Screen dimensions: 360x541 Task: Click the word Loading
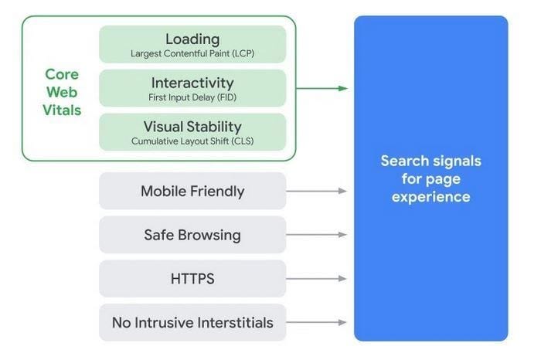coord(192,39)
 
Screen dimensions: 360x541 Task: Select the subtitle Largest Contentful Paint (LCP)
coord(192,53)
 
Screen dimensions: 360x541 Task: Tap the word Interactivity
coord(192,83)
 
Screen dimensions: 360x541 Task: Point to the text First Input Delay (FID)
coord(192,97)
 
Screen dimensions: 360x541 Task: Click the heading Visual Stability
coord(192,127)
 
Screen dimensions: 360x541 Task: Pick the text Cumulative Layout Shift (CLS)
coord(192,141)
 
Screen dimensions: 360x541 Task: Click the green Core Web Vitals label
coord(62,92)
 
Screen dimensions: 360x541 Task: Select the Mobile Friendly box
coord(192,191)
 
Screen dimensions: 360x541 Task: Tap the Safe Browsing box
coord(192,235)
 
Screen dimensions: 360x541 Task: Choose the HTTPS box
coord(192,279)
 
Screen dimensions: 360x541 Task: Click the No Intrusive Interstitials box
coord(192,322)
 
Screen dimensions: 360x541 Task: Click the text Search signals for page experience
coord(430,178)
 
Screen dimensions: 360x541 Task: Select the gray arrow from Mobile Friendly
coord(317,191)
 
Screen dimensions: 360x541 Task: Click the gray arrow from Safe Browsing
coord(317,235)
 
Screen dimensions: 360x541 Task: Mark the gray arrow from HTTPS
coord(317,279)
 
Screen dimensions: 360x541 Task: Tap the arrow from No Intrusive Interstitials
coord(317,322)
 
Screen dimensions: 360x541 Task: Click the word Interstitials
coord(234,322)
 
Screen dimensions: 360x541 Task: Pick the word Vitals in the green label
coord(62,110)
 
